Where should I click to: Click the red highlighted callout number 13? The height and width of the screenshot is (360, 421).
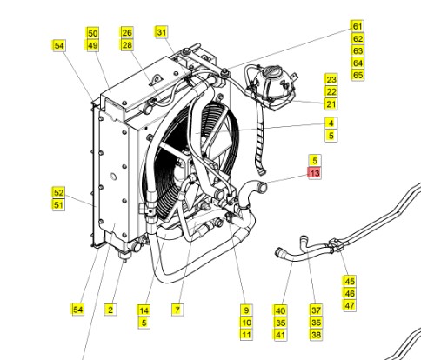tap(315, 173)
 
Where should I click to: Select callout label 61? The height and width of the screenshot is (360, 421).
tap(358, 26)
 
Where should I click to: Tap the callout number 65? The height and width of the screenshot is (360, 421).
tap(358, 75)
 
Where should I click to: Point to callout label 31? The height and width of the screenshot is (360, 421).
tap(162, 32)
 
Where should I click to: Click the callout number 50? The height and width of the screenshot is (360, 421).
tap(92, 33)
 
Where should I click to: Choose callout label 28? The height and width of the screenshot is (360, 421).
tap(127, 45)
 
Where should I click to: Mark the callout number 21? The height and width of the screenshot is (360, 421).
tap(331, 104)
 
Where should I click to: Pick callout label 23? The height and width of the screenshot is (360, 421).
tap(331, 79)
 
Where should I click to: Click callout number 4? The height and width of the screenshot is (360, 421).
tap(331, 123)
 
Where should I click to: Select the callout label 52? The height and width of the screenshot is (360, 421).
tap(58, 192)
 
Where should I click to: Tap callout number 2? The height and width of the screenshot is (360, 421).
tap(110, 310)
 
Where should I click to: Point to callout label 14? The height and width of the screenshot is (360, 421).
tap(144, 310)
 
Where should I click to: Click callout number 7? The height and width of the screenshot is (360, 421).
tap(177, 310)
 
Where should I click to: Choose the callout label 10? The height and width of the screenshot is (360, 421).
tap(246, 323)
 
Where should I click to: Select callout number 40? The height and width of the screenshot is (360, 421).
tap(280, 310)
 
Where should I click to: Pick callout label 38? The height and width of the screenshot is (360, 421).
tap(316, 335)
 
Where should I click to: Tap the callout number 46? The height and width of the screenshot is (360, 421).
tap(350, 293)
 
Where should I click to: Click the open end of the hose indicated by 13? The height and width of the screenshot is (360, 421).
tap(264, 187)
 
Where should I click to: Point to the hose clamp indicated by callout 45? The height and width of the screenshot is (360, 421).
tap(336, 245)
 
